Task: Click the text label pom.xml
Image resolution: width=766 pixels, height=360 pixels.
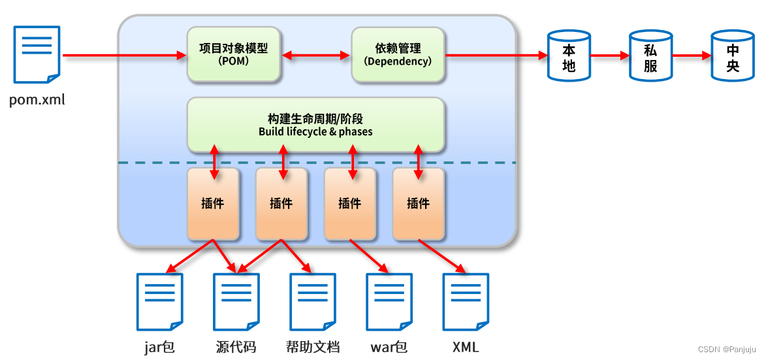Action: pyautogui.click(x=37, y=100)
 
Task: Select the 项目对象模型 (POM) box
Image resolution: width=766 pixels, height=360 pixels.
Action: pyautogui.click(x=234, y=55)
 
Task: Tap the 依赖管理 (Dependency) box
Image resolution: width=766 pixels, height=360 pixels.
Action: pyautogui.click(x=398, y=55)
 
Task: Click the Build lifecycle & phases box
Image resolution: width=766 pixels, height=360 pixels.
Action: pyautogui.click(x=315, y=125)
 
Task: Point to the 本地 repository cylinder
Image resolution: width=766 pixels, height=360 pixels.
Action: pyautogui.click(x=568, y=56)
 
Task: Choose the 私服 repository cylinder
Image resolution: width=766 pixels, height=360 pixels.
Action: pyautogui.click(x=650, y=56)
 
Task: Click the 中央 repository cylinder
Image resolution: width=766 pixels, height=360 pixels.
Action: pyautogui.click(x=733, y=56)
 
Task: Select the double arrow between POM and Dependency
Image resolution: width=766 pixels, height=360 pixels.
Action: pyautogui.click(x=316, y=56)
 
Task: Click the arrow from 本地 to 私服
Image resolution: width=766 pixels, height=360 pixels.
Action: pyautogui.click(x=609, y=56)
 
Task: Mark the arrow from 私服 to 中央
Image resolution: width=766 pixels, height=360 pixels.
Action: pyautogui.click(x=692, y=56)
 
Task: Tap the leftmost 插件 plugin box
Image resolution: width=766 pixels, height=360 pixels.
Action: pyautogui.click(x=213, y=204)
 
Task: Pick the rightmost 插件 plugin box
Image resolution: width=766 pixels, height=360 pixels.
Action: pyautogui.click(x=418, y=204)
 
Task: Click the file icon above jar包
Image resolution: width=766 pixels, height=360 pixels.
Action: pyautogui.click(x=160, y=301)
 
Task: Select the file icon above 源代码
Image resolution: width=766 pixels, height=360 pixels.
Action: pyautogui.click(x=236, y=301)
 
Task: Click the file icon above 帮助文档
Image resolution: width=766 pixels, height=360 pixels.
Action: pyautogui.click(x=313, y=301)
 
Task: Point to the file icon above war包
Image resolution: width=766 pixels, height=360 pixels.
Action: pyautogui.click(x=389, y=301)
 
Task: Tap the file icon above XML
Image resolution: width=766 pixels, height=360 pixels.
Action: pyautogui.click(x=466, y=301)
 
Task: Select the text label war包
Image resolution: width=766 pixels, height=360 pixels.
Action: pyautogui.click(x=389, y=346)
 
